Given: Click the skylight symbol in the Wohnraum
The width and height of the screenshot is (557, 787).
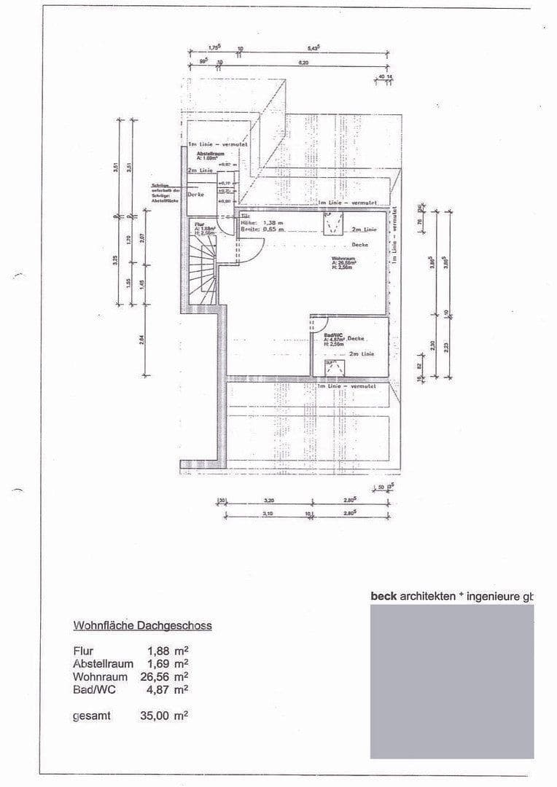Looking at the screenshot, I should tap(333, 224).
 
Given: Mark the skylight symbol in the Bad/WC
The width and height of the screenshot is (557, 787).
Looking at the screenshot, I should tap(335, 367).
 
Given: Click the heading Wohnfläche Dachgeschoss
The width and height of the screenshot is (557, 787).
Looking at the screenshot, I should tap(142, 625).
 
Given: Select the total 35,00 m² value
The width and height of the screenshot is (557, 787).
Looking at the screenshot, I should tap(164, 716).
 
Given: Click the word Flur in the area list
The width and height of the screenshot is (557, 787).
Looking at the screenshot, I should tap(83, 650).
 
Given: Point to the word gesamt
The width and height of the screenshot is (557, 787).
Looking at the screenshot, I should tap(92, 716).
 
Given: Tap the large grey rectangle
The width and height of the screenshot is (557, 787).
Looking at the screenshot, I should tap(452, 681).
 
